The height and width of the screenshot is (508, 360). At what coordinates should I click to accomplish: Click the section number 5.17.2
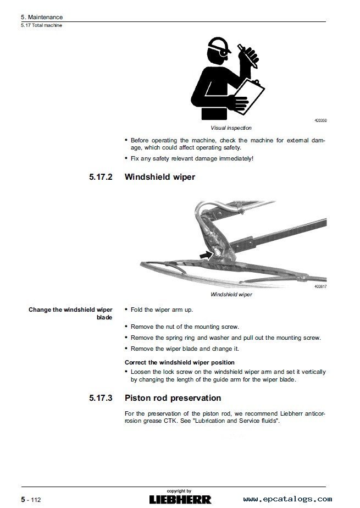(99, 177)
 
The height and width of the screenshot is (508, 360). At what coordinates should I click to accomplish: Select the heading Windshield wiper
(160, 177)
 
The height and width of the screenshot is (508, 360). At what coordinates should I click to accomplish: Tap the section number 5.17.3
(99, 397)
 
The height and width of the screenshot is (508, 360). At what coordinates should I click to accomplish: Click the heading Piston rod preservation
(173, 397)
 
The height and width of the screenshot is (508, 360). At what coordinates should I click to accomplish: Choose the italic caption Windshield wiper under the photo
(231, 294)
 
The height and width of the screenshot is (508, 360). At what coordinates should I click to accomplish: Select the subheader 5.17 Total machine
(41, 25)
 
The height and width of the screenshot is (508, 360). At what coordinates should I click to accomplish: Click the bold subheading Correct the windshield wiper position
(180, 362)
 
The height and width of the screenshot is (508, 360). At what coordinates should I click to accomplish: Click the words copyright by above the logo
(179, 490)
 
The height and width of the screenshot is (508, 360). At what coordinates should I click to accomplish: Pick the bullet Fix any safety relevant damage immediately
(192, 158)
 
